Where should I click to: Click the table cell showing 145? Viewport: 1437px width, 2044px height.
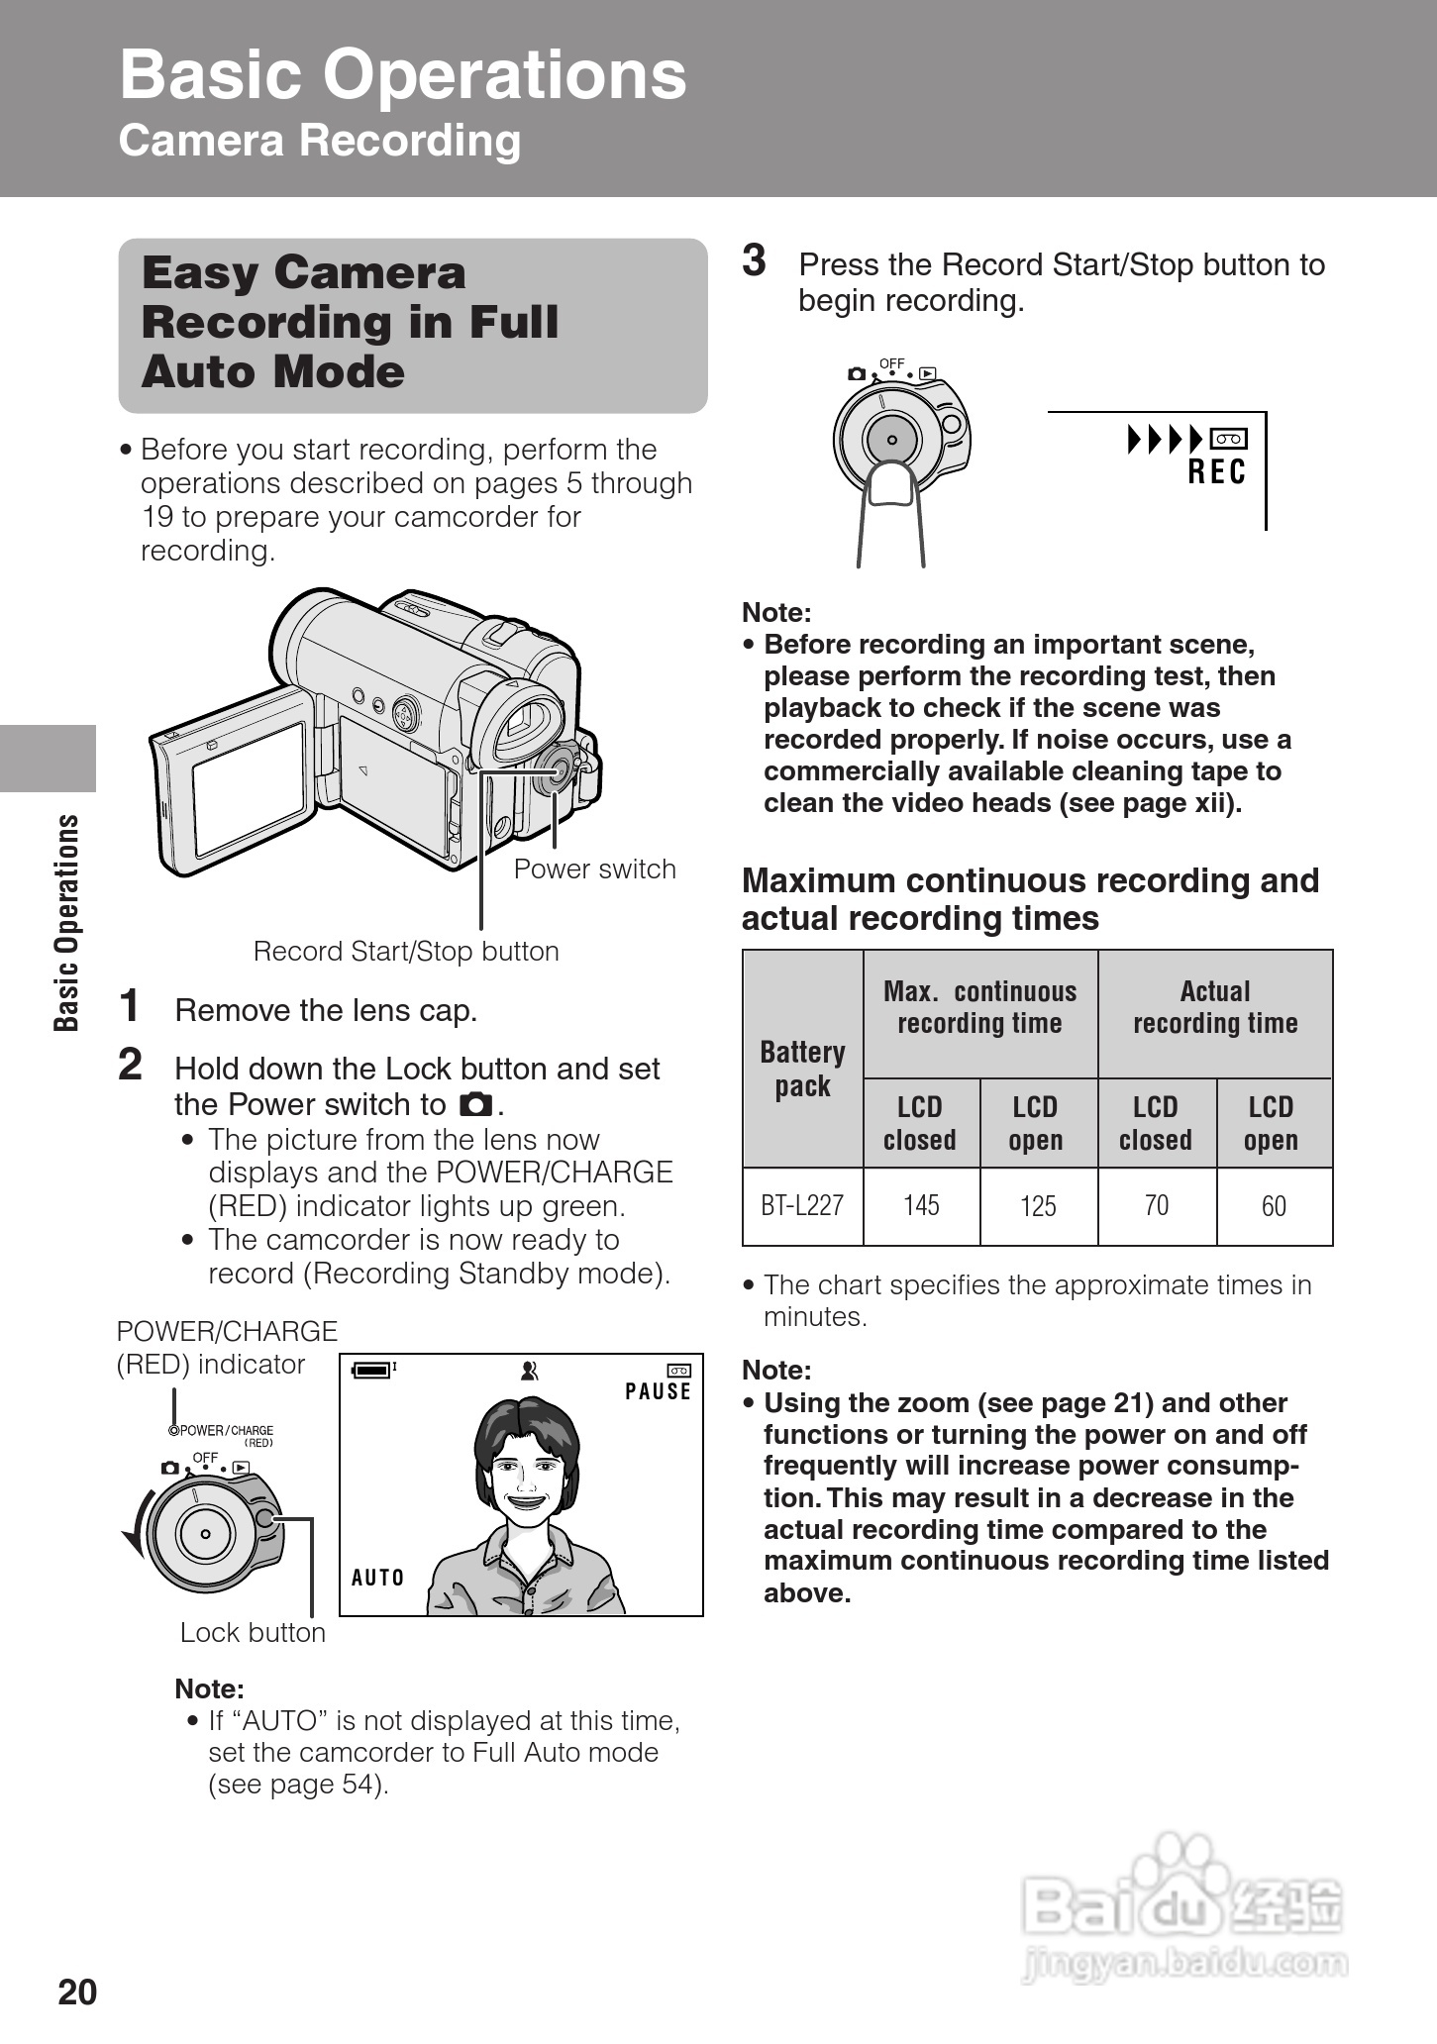coord(921,1206)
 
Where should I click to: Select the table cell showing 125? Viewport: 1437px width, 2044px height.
coord(1038,1206)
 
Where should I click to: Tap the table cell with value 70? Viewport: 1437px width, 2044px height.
coord(1156,1206)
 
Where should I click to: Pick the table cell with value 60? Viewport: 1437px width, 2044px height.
coord(1274,1206)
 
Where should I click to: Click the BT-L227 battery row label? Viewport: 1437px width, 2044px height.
coord(802,1206)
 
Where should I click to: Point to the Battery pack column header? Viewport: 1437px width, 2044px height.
coord(802,1069)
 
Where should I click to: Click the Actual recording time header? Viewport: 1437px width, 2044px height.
coord(1215,1007)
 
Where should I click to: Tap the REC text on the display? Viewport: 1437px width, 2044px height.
coord(1216,473)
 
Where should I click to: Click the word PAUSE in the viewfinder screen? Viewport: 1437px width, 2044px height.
coord(658,1391)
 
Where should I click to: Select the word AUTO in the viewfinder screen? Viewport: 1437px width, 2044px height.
coord(378,1578)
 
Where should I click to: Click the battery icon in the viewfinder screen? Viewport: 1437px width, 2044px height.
coord(372,1370)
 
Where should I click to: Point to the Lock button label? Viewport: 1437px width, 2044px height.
coord(253,1633)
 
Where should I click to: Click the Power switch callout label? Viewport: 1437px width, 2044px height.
coord(594,869)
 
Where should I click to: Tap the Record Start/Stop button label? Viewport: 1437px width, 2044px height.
coord(406,952)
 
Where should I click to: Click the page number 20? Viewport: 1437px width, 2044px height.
coord(77,1992)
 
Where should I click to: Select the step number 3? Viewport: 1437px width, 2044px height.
coord(755,261)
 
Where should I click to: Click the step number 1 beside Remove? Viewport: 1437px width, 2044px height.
coord(130,1006)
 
